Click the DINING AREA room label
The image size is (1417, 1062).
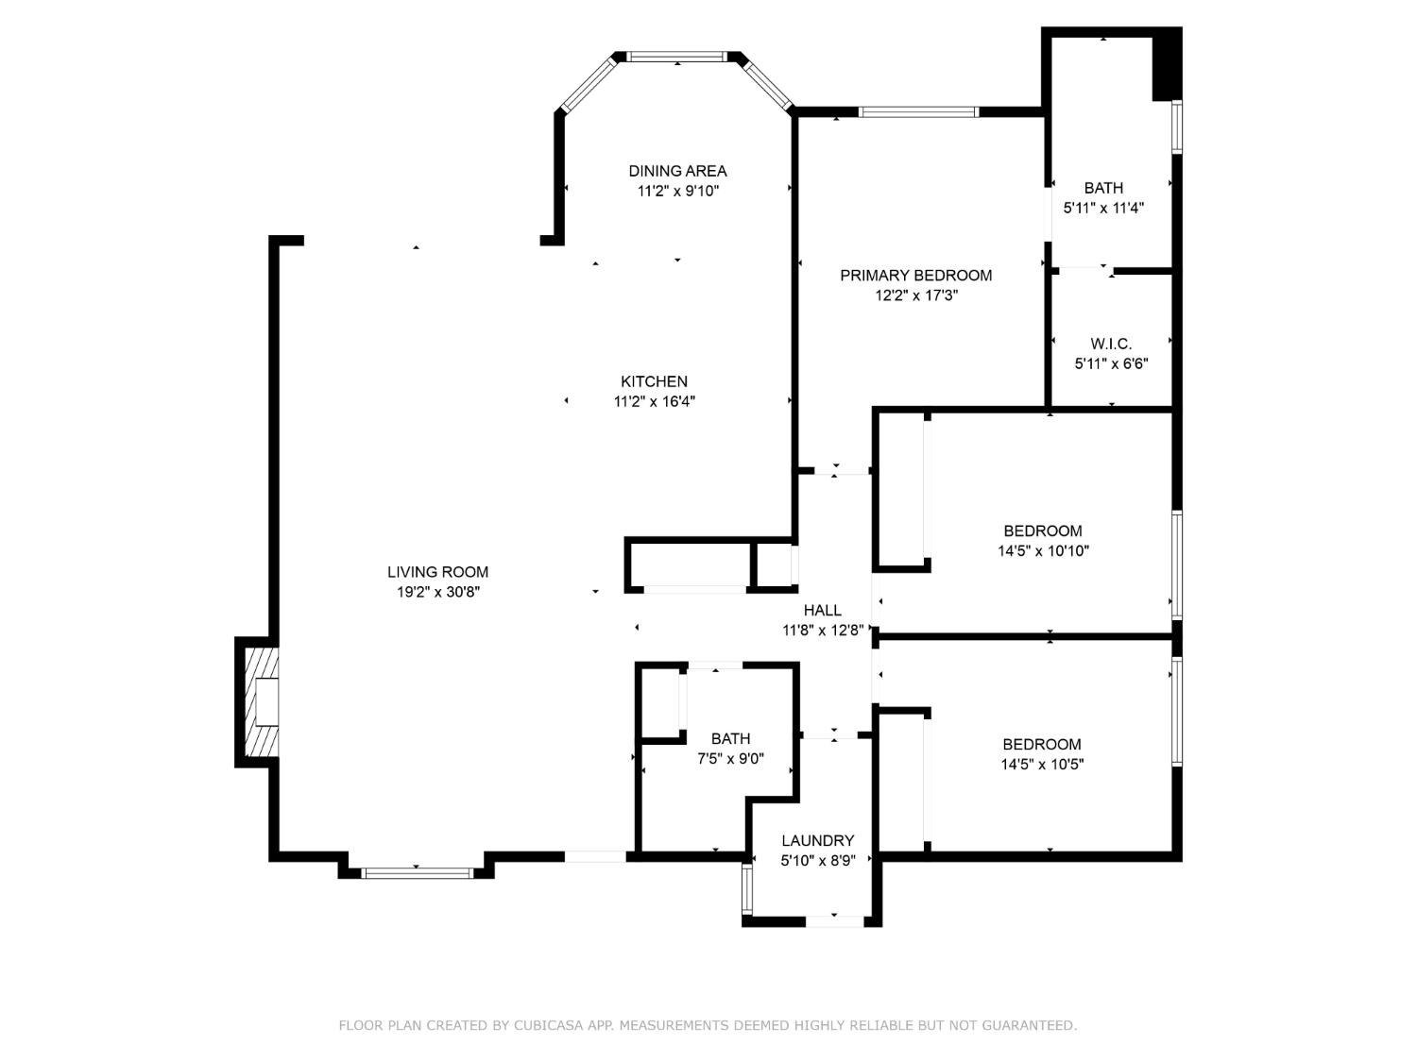[677, 171]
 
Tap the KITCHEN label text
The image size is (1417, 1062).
[654, 381]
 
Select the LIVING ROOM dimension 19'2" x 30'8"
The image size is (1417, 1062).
[438, 592]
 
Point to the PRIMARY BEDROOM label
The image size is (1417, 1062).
[915, 276]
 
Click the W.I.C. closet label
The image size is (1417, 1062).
[1110, 344]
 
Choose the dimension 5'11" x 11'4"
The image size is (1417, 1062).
[1103, 208]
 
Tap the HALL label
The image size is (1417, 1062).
[822, 610]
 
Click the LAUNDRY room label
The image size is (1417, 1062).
[817, 840]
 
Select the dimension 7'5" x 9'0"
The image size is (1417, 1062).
[730, 758]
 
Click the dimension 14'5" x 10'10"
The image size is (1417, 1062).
[1043, 550]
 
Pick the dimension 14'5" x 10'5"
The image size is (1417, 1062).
[1042, 765]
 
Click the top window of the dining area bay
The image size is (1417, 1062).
[677, 57]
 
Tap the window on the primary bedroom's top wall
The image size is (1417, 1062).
[918, 112]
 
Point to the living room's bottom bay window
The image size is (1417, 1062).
[417, 873]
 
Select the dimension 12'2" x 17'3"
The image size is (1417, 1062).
[915, 295]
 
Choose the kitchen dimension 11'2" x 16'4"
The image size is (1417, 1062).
[654, 401]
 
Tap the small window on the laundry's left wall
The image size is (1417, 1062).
[747, 886]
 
